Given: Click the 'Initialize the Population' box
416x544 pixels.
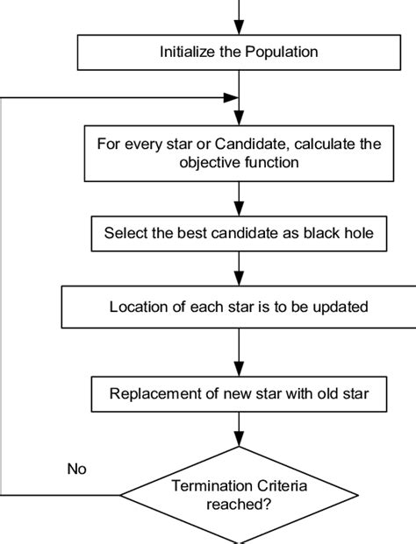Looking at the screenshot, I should (x=239, y=53).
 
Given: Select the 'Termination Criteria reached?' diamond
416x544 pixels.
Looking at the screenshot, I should (x=239, y=495).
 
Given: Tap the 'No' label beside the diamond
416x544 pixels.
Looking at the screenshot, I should (x=77, y=469).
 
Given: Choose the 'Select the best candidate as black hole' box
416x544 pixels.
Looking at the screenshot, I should (x=239, y=233).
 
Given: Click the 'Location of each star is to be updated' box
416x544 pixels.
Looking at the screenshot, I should (x=239, y=307).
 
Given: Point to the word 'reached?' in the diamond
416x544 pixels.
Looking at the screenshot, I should (x=239, y=504).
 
